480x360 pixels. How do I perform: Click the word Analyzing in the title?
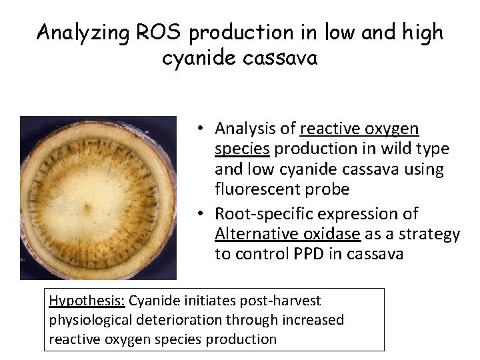click(x=80, y=31)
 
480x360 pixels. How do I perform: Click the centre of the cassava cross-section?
click(x=98, y=198)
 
